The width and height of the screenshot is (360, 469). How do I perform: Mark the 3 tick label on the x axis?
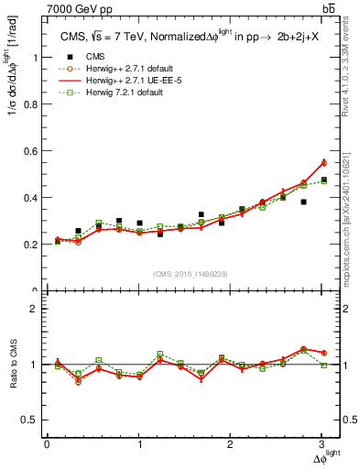click(322, 443)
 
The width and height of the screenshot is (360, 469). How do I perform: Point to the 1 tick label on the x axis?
click(139, 443)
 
